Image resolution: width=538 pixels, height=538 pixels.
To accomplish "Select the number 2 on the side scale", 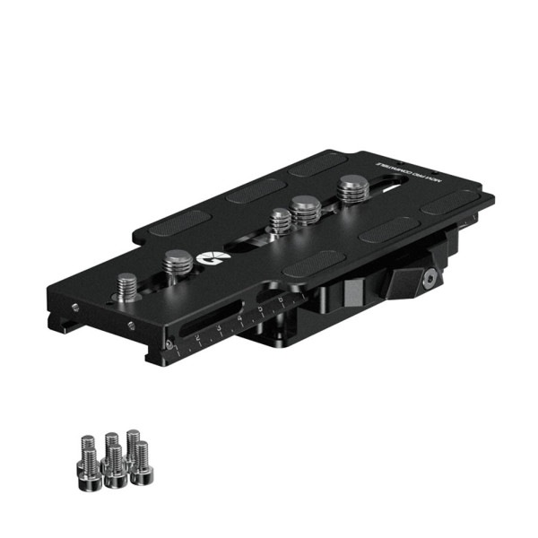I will coord(197,337).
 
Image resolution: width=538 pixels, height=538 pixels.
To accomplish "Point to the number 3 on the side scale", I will coord(219,328).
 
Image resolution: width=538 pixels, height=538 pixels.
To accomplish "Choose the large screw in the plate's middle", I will coord(306,213).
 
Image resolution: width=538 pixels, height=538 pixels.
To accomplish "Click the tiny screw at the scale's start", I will coord(167,345).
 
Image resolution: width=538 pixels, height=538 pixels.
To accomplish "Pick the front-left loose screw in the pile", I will coord(90,464).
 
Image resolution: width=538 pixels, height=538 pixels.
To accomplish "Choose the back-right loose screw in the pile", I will coord(133,442).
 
